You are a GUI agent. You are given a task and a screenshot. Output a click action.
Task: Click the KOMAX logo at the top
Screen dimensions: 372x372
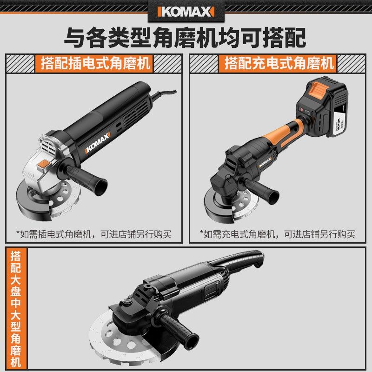tap(186, 11)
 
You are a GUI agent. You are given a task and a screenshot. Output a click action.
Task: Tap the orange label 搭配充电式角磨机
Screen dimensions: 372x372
tap(279, 63)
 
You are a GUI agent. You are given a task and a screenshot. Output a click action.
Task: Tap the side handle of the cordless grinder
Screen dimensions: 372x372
tap(263, 188)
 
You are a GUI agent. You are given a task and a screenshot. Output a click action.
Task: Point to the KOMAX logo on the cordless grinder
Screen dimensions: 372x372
tap(264, 164)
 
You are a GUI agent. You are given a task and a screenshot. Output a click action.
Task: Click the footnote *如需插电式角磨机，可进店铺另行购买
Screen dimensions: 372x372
tap(93, 234)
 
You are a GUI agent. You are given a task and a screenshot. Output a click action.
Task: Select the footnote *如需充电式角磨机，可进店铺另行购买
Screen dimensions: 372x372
tap(278, 234)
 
